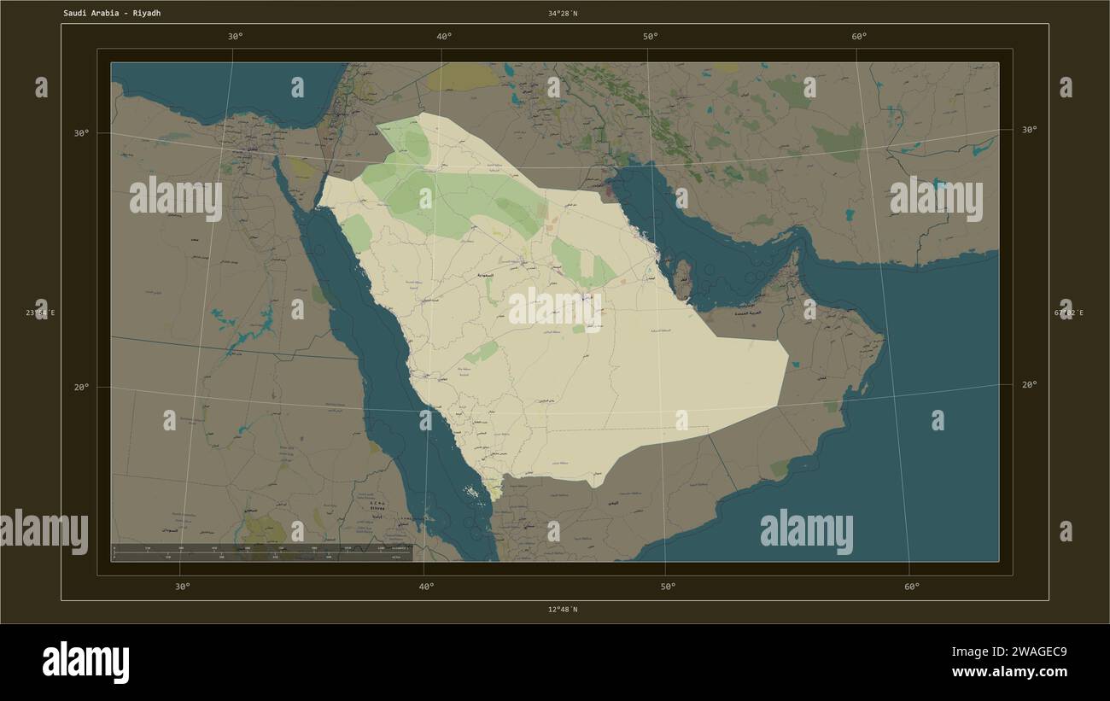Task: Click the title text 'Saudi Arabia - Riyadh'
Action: [111, 14]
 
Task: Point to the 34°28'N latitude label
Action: [563, 14]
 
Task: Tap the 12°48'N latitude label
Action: [563, 610]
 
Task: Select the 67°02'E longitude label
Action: [1068, 313]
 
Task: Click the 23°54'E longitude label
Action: [40, 313]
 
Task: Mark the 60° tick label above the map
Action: [859, 37]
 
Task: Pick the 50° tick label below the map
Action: [668, 587]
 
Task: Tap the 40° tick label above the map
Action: [444, 37]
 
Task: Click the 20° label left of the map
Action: [81, 388]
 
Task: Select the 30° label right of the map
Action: [1029, 130]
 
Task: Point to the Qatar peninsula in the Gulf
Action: [682, 278]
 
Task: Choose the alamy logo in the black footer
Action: [85, 663]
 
